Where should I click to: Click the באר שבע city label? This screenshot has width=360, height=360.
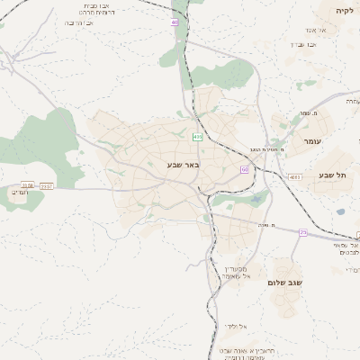[181, 165]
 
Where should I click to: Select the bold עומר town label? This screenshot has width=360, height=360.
[313, 141]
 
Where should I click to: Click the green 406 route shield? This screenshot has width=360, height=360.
[197, 137]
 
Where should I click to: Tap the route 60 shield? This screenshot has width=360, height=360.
[244, 168]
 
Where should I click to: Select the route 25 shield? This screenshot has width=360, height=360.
[303, 233]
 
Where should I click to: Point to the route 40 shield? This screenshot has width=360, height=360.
[175, 22]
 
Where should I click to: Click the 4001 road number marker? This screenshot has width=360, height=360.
[295, 176]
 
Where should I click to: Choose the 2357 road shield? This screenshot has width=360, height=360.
[46, 186]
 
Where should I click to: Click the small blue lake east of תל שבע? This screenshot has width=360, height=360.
[340, 212]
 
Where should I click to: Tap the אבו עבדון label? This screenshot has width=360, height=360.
[302, 43]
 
